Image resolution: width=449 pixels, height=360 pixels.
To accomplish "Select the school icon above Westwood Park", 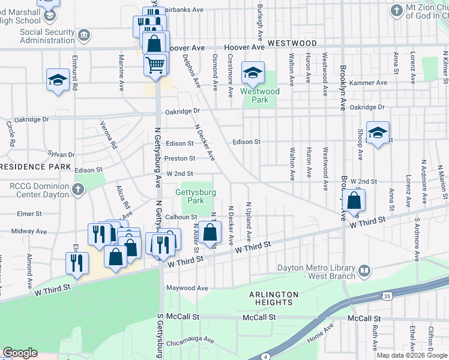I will [x=253, y=74].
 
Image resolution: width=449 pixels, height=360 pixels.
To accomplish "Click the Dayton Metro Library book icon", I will [x=364, y=272].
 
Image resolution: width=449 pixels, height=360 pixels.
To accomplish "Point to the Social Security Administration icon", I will [x=85, y=35].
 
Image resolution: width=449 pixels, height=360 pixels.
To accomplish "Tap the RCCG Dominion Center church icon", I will [x=77, y=190].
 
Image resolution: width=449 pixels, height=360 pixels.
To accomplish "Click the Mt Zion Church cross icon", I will [x=396, y=10].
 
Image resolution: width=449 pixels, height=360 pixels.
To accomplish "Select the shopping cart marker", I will [x=155, y=64].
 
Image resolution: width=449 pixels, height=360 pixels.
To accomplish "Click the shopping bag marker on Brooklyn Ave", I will [x=354, y=201].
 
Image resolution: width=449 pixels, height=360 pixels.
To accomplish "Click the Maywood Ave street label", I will [x=187, y=289].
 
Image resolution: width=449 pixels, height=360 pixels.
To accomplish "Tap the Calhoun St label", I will [x=181, y=217].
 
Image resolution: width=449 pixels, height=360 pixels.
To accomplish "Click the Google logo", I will [x=20, y=353].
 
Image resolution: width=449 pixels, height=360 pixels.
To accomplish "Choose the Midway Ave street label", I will [x=25, y=231].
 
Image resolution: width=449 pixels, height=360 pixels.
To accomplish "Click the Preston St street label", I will [x=180, y=158].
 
